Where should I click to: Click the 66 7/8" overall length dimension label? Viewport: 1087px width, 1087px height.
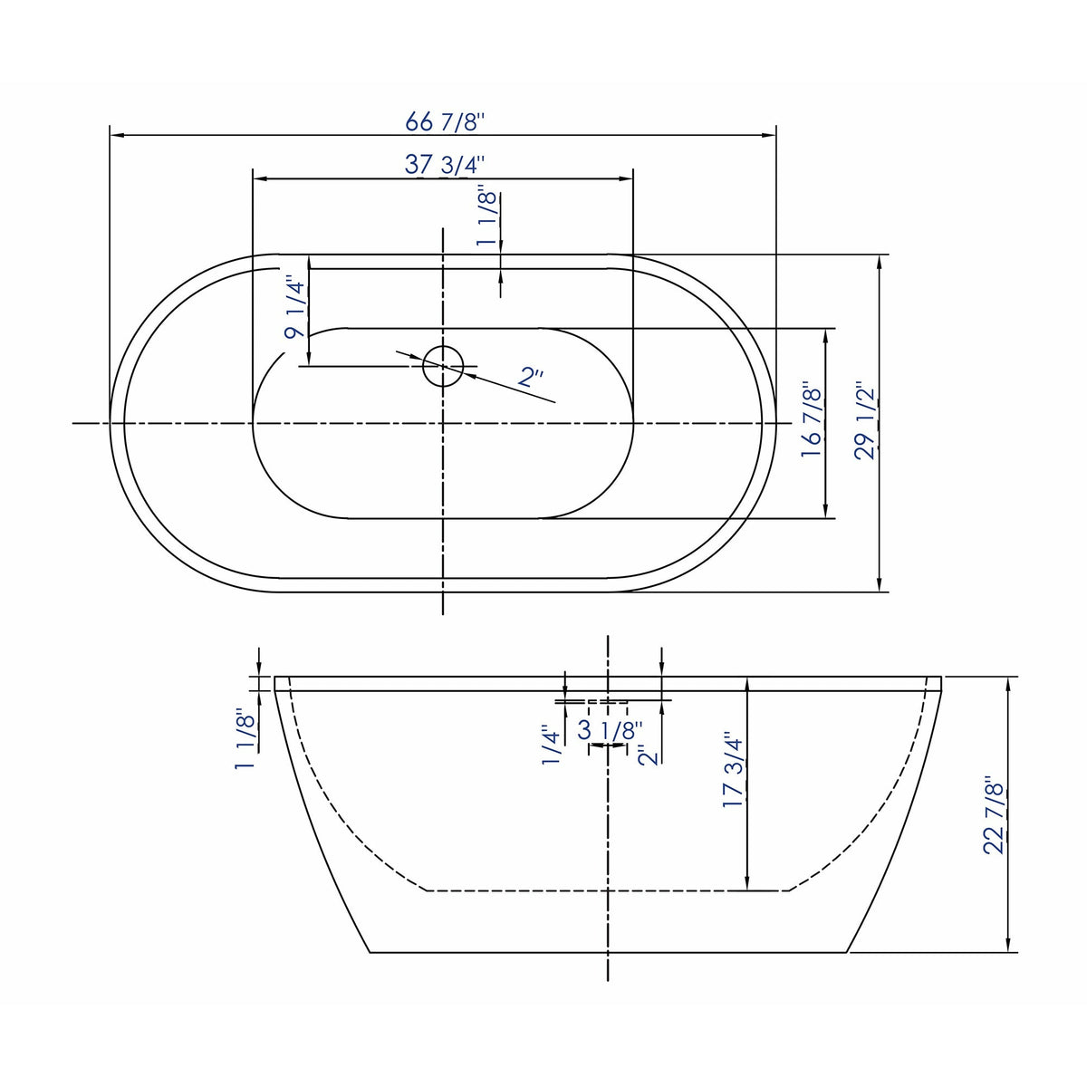[444, 121]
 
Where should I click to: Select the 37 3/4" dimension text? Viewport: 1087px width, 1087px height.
[444, 165]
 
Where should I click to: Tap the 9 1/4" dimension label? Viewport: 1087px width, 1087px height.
[294, 308]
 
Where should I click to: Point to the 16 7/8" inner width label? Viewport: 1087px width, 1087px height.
[812, 422]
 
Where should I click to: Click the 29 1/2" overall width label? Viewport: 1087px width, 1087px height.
[866, 422]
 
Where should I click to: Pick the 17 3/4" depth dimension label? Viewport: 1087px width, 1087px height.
[733, 770]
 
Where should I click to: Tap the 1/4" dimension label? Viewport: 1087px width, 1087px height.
[553, 745]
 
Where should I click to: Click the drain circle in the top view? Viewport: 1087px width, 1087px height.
[443, 365]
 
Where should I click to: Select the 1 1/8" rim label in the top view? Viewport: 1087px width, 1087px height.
[487, 218]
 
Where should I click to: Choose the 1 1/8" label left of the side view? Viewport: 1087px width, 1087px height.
[245, 739]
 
